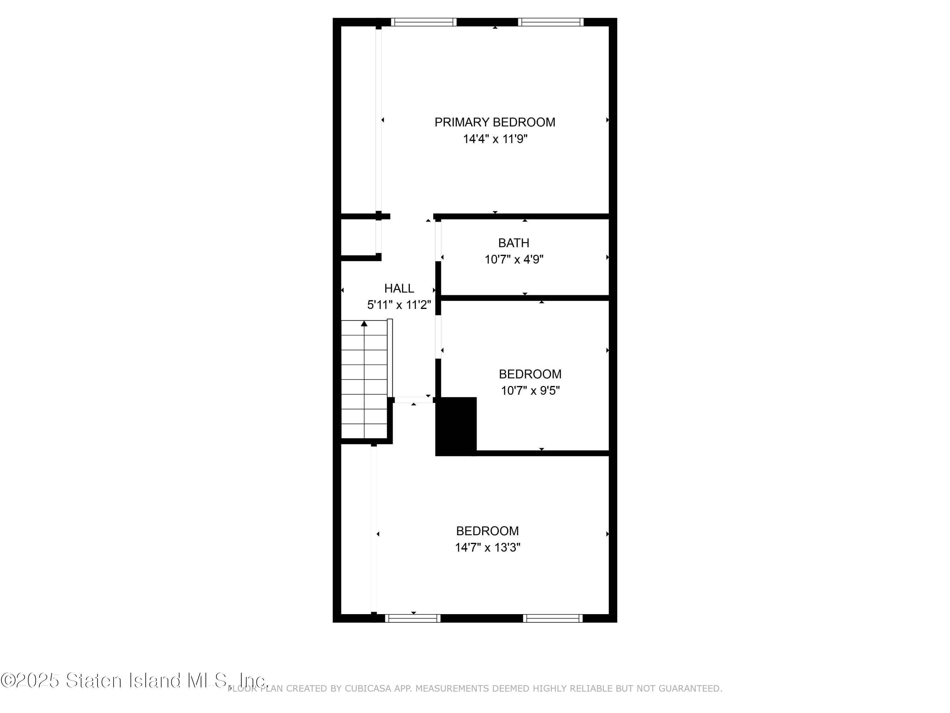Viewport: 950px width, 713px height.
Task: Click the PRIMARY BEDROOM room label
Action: click(495, 123)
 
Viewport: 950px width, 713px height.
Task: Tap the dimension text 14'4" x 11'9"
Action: click(495, 139)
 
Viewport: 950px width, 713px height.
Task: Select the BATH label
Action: click(514, 243)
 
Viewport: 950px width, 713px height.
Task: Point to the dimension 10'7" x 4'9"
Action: click(514, 260)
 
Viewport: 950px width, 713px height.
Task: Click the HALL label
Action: click(399, 288)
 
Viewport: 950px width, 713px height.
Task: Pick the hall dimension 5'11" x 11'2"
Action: click(399, 305)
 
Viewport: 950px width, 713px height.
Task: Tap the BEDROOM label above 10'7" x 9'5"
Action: click(530, 374)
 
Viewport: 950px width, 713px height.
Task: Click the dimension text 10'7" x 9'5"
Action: click(530, 391)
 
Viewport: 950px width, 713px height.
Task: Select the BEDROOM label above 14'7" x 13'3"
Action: click(487, 531)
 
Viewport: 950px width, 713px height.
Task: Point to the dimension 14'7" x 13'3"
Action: click(488, 548)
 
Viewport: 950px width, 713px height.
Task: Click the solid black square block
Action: click(456, 426)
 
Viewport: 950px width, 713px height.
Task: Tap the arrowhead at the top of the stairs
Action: click(364, 323)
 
